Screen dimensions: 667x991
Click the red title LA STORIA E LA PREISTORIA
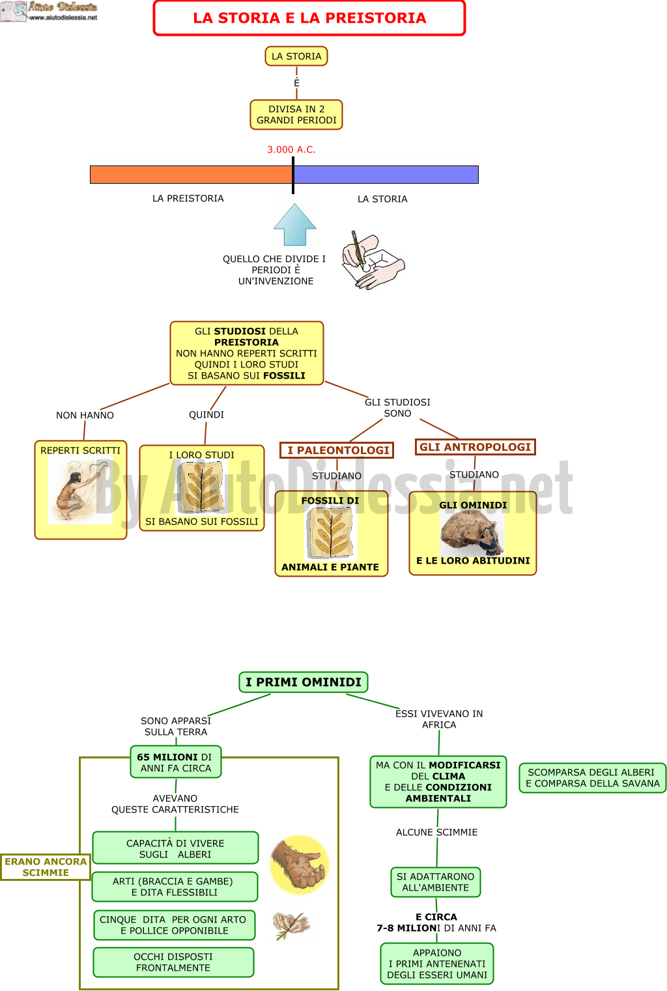309,18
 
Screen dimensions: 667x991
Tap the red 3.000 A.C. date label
291,150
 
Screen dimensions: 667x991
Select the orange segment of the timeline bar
191,175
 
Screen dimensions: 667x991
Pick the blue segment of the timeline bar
386,175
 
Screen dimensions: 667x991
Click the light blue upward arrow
294,224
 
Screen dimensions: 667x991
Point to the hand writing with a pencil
373,260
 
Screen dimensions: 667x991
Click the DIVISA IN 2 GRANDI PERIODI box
296,115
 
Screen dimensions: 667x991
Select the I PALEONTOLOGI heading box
337,450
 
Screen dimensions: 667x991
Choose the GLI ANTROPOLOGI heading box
475,447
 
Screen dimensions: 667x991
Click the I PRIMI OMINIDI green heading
304,682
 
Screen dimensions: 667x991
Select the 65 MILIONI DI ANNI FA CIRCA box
176,762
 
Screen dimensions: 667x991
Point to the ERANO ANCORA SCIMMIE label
46,867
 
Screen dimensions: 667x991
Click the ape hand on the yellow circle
300,865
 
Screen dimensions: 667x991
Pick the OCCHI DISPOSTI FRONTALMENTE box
173,962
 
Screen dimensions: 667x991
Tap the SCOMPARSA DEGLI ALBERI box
592,777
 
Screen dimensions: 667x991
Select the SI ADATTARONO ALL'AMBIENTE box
435,882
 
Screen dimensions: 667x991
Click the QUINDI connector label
206,414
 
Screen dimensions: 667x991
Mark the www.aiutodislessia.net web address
63,18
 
